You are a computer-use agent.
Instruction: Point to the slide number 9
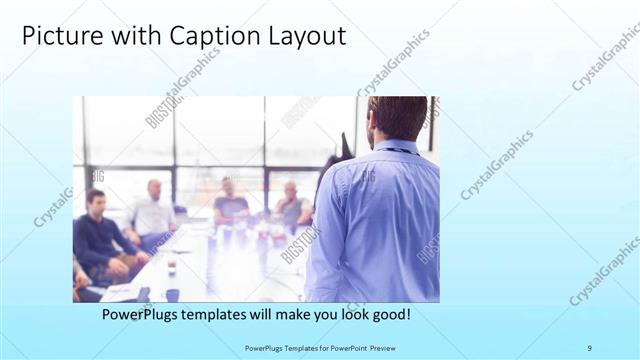pos(589,347)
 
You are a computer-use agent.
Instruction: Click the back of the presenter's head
pos(396,119)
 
